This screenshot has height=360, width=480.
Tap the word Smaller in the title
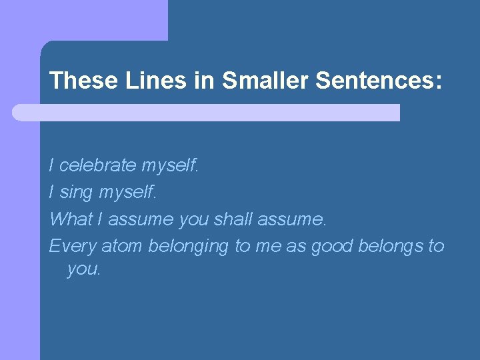(x=265, y=81)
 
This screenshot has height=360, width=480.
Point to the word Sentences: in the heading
(x=378, y=81)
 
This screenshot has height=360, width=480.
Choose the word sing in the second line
(x=77, y=192)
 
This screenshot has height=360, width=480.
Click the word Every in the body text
(x=73, y=246)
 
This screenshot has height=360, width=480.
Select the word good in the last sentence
(x=332, y=247)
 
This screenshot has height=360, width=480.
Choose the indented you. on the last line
(x=84, y=269)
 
